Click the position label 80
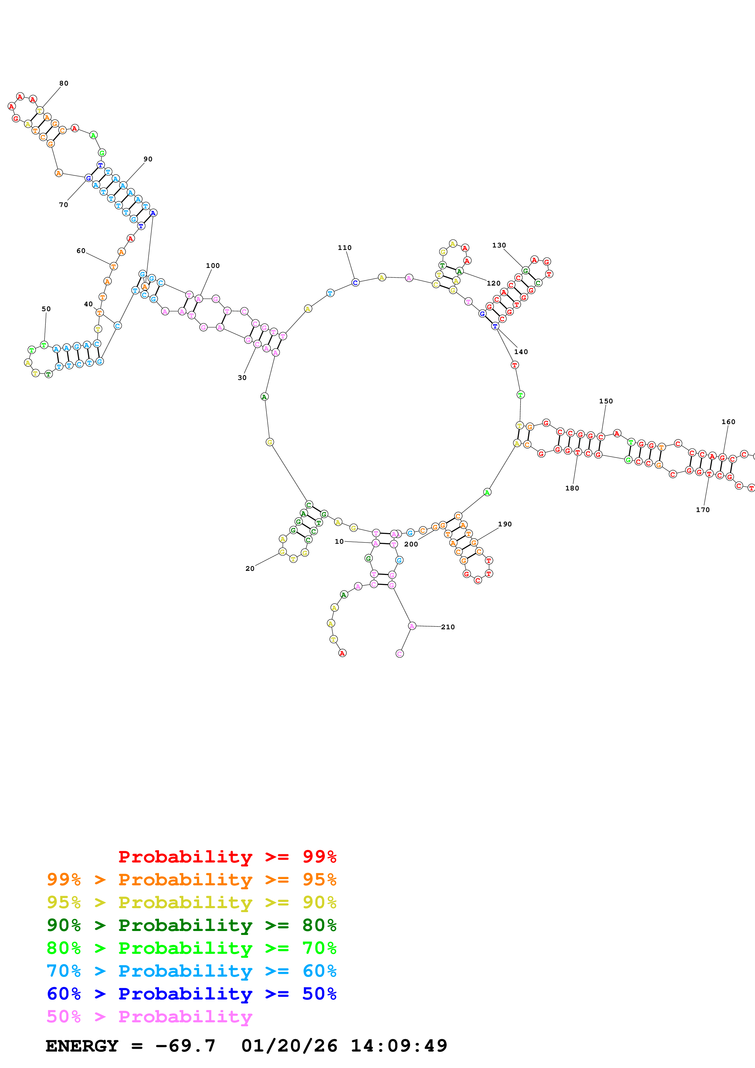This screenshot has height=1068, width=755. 64,83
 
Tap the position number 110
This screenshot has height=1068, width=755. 345,248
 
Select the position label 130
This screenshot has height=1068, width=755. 499,245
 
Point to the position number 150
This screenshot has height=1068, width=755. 606,401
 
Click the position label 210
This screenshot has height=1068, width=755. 448,627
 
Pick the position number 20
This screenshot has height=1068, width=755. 250,568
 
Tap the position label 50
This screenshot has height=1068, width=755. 46,309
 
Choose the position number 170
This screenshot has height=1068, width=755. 703,510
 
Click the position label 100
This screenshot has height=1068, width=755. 213,265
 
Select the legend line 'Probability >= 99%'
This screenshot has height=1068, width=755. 227,857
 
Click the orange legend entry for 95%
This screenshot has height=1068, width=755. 192,880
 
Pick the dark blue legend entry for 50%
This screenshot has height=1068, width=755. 192,994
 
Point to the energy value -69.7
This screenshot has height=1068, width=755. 185,1046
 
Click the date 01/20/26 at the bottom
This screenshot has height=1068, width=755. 289,1046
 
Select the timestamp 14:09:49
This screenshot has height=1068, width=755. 399,1046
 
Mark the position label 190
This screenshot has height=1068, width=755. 505,524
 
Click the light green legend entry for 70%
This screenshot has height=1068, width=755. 192,948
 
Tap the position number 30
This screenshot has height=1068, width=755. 242,378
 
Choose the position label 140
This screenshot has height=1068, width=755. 521,352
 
